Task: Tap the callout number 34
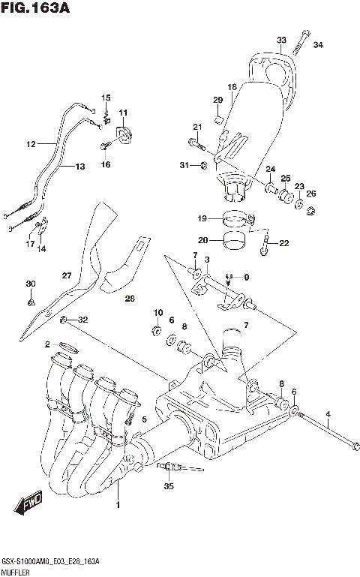[x=318, y=46]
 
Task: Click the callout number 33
[x=281, y=40]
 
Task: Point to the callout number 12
[x=31, y=143]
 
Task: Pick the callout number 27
[x=66, y=275]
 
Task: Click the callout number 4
[x=328, y=415]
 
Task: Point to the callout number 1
[x=117, y=505]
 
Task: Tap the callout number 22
[x=283, y=242]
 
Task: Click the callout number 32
[x=83, y=320]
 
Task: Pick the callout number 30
[x=30, y=283]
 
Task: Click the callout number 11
[x=122, y=113]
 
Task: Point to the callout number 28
[x=130, y=299]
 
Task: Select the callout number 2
[x=47, y=344]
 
